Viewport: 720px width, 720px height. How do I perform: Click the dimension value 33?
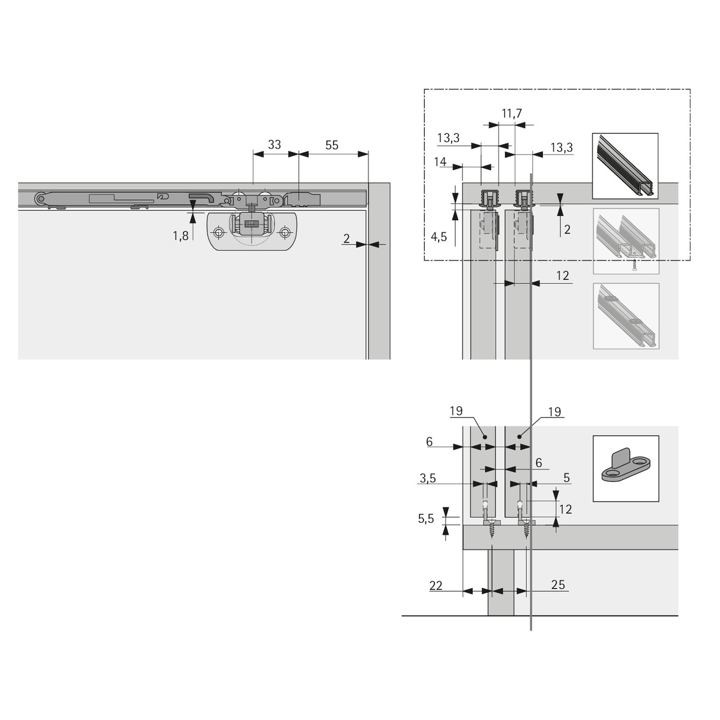275,145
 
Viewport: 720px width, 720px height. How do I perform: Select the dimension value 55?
331,145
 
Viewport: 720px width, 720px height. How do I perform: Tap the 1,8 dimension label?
181,236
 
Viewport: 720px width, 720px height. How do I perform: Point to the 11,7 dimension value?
512,113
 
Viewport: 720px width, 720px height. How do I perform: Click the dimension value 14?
440,162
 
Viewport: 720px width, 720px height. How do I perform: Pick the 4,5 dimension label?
439,236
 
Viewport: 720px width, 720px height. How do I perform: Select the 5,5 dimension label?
425,518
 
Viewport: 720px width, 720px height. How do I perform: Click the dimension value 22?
436,585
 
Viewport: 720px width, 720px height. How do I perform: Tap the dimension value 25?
558,584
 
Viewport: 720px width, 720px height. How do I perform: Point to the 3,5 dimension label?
427,478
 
